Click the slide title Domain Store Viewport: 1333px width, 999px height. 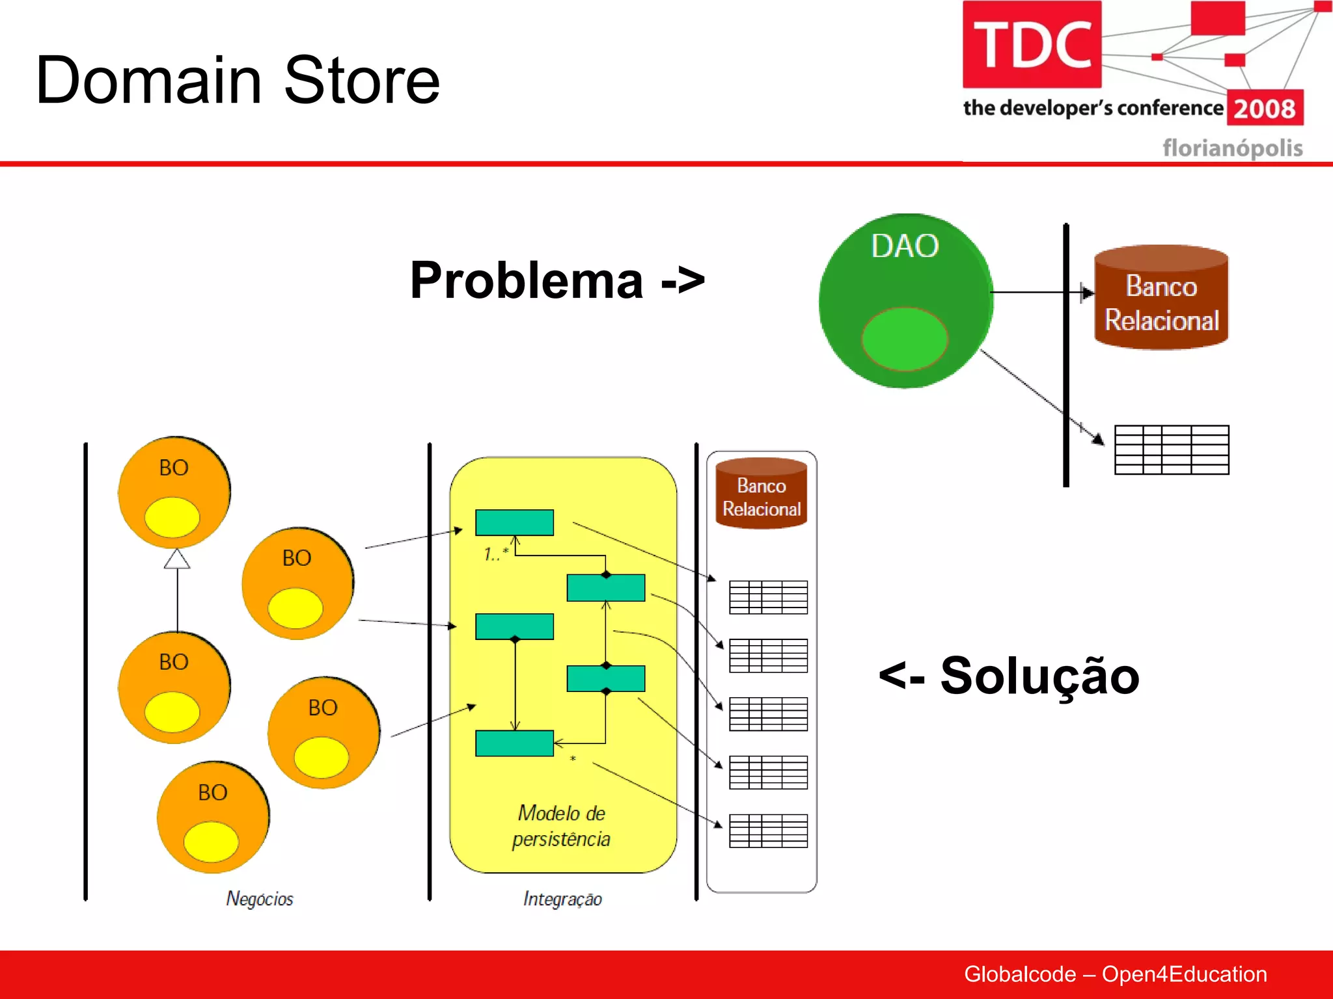click(x=238, y=80)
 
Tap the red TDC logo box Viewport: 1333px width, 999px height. click(x=1032, y=44)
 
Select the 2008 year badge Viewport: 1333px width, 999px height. click(x=1265, y=108)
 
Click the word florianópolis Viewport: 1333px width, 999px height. click(x=1232, y=148)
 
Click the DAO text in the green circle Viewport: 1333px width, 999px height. click(x=905, y=246)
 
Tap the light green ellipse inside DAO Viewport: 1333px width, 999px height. click(x=904, y=339)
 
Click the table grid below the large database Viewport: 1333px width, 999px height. click(x=1172, y=449)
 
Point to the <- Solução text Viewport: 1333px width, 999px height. click(x=1009, y=676)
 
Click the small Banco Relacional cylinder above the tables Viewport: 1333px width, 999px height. click(x=761, y=494)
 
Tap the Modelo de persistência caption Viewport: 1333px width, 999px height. click(x=561, y=826)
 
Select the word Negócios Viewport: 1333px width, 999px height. click(x=260, y=899)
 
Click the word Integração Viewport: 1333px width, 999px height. click(x=562, y=899)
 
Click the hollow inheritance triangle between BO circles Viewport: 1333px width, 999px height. click(x=177, y=559)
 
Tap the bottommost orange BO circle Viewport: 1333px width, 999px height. click(x=213, y=817)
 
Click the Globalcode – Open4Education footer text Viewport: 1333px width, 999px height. click(x=1115, y=974)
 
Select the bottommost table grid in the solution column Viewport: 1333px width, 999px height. click(x=768, y=831)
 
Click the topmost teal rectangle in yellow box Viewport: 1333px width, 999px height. click(x=514, y=522)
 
